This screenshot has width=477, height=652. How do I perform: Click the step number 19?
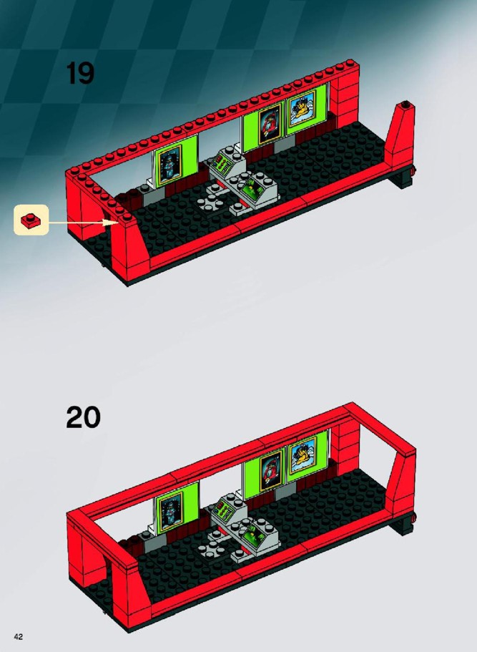[80, 73]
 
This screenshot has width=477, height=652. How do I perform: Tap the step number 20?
[83, 417]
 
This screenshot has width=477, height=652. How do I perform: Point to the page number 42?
[18, 636]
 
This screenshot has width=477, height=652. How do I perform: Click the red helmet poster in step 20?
[271, 471]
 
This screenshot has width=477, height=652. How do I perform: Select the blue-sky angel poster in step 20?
[303, 455]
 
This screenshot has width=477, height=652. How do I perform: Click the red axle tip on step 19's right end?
[413, 170]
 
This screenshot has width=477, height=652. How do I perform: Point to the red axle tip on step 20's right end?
[414, 517]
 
